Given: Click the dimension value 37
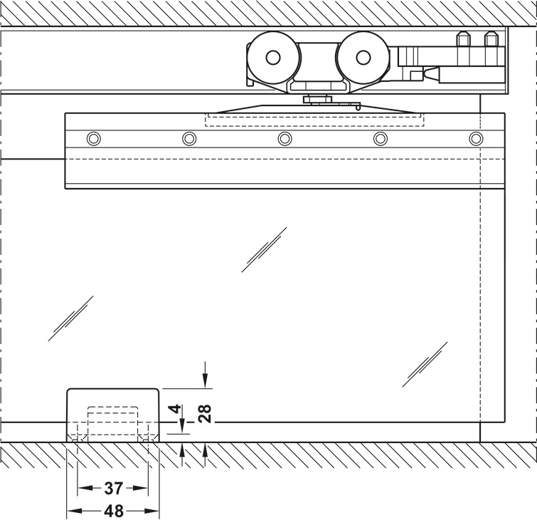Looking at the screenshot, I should coord(114,489).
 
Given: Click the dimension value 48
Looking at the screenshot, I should coord(114,511).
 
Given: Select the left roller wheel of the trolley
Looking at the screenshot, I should coord(271,58).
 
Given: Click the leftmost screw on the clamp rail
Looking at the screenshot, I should coord(92,138).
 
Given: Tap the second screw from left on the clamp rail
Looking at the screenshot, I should coord(188,138).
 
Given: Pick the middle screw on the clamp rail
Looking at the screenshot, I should coord(285,138).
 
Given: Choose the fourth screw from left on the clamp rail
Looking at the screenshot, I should coord(381,138).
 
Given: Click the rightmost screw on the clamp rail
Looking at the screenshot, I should coord(476,138).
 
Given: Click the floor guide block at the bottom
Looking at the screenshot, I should coord(113,414).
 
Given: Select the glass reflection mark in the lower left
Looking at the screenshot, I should coord(71,318).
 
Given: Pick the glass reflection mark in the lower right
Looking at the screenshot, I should coord(425,364).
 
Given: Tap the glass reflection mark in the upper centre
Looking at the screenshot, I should coord(263,249).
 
